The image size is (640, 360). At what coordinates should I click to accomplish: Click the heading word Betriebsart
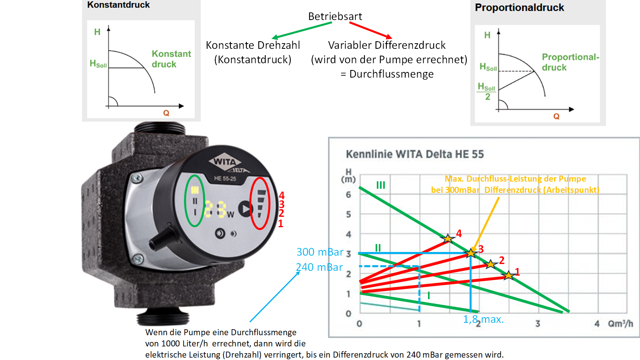pyautogui.click(x=335, y=16)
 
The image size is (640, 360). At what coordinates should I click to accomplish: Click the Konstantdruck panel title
pyautogui.click(x=118, y=5)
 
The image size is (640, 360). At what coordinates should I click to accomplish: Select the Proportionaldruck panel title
pyautogui.click(x=519, y=8)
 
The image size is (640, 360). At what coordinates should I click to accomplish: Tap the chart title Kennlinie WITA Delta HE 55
pyautogui.click(x=415, y=154)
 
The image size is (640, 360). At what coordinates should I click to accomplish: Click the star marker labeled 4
pyautogui.click(x=448, y=238)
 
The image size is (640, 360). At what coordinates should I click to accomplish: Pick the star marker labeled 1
pyautogui.click(x=508, y=275)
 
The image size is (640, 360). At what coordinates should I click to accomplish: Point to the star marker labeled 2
pyautogui.click(x=490, y=264)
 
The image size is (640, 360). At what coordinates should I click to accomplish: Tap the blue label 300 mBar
pyautogui.click(x=320, y=252)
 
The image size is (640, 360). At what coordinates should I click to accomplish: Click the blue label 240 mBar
pyautogui.click(x=319, y=267)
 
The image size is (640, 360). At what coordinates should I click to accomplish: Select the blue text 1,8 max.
pyautogui.click(x=483, y=319)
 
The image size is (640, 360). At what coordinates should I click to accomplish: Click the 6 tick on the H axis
pyautogui.click(x=348, y=195)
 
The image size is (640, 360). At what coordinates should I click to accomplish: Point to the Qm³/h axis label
pyautogui.click(x=620, y=324)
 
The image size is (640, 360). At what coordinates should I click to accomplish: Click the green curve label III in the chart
pyautogui.click(x=380, y=185)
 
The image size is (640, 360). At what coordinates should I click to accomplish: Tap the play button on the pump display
pyautogui.click(x=244, y=208)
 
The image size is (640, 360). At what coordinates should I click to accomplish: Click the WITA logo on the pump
pyautogui.click(x=225, y=162)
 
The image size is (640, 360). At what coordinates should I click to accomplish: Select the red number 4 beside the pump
pyautogui.click(x=282, y=195)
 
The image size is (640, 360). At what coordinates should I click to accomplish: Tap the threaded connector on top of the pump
pyautogui.click(x=160, y=129)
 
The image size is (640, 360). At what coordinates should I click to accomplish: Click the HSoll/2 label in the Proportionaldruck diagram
pyautogui.click(x=487, y=92)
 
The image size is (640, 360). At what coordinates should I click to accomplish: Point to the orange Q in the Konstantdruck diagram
pyautogui.click(x=166, y=113)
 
